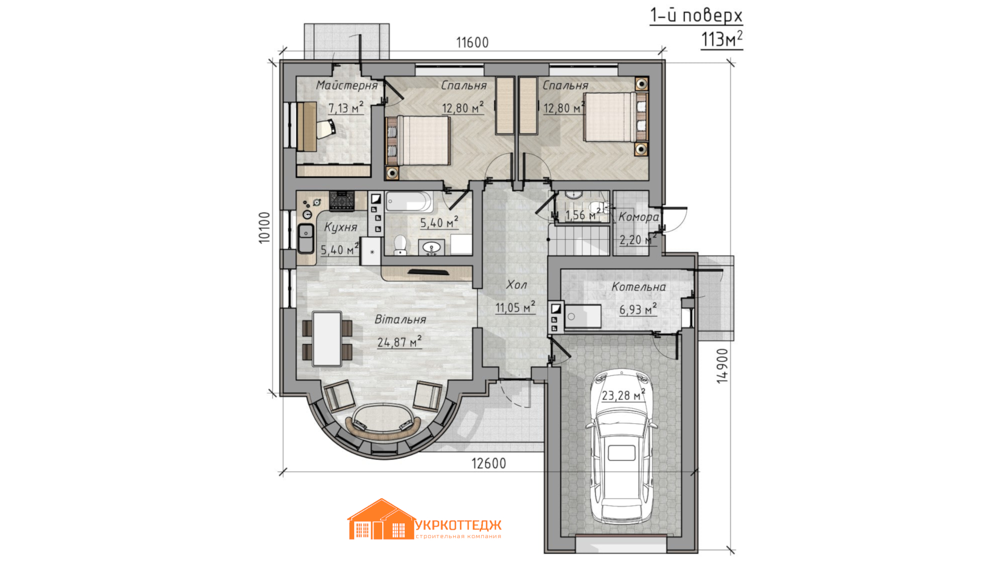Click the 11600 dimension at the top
pyautogui.click(x=472, y=42)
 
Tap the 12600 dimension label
pyautogui.click(x=489, y=463)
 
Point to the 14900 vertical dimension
pyautogui.click(x=722, y=366)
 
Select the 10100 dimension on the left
pyautogui.click(x=265, y=227)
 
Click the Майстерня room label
pyautogui.click(x=347, y=85)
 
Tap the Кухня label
pyautogui.click(x=341, y=227)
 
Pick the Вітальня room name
pyautogui.click(x=401, y=319)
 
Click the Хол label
pyautogui.click(x=516, y=284)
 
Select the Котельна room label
pyautogui.click(x=639, y=286)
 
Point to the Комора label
pyautogui.click(x=639, y=217)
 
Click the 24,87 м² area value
pyautogui.click(x=399, y=342)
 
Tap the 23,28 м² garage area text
pyautogui.click(x=623, y=395)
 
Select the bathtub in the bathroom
pyautogui.click(x=409, y=201)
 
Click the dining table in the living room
pyautogui.click(x=327, y=339)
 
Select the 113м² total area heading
pyautogui.click(x=722, y=39)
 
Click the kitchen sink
pyautogui.click(x=305, y=238)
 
